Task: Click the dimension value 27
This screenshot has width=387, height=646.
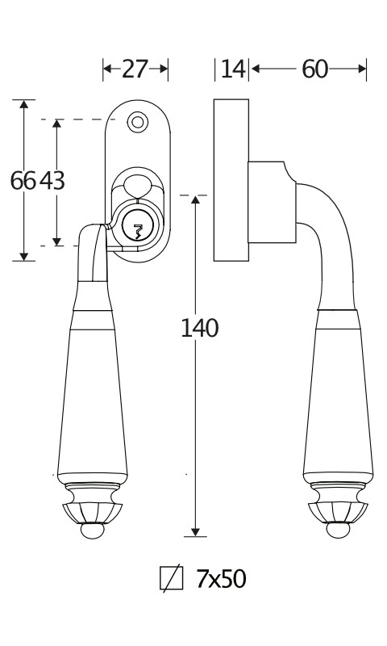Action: click(x=135, y=69)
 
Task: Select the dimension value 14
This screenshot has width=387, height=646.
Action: click(x=233, y=69)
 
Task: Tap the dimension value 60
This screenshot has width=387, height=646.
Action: click(x=314, y=69)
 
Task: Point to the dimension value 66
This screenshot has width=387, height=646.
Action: click(x=23, y=180)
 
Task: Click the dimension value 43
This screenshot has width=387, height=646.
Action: click(x=52, y=180)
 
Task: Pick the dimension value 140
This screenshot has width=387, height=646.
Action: click(x=199, y=329)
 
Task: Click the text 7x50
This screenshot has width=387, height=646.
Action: click(x=221, y=578)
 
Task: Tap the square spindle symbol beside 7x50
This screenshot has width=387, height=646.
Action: click(x=172, y=578)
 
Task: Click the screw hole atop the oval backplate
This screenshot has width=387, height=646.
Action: click(x=137, y=123)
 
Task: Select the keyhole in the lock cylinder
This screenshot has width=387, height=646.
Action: click(x=138, y=232)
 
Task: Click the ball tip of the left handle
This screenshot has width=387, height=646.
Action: click(x=92, y=531)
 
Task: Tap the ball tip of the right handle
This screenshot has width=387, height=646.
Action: click(x=338, y=531)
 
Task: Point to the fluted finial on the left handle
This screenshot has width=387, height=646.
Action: click(x=92, y=513)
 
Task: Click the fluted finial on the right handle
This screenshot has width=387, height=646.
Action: click(x=338, y=513)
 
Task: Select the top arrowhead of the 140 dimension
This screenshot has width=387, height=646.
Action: click(x=195, y=199)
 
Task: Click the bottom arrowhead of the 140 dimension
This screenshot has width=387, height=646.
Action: click(x=195, y=532)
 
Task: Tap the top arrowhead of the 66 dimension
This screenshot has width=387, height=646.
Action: click(x=24, y=104)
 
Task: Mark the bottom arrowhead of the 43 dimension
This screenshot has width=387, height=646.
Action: click(x=56, y=241)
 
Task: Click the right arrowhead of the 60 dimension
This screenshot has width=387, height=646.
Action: click(x=361, y=69)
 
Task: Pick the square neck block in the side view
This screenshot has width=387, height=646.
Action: click(x=272, y=202)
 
